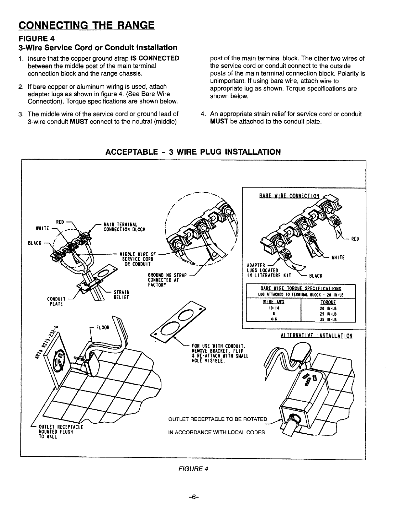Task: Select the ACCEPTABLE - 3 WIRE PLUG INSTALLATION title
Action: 193,152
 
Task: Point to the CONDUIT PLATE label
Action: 57,301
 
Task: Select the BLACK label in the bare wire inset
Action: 315,276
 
